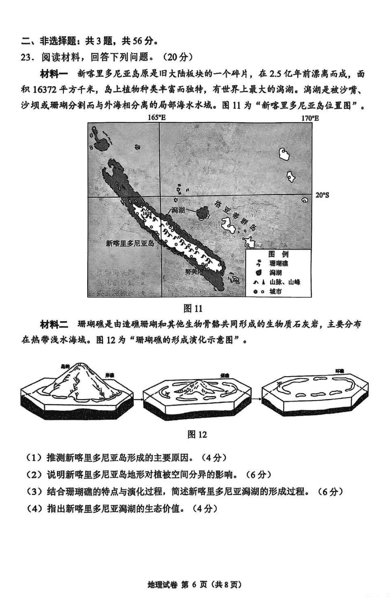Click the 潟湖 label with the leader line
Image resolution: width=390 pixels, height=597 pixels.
178,210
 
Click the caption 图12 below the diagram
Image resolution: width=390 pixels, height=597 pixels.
197,434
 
